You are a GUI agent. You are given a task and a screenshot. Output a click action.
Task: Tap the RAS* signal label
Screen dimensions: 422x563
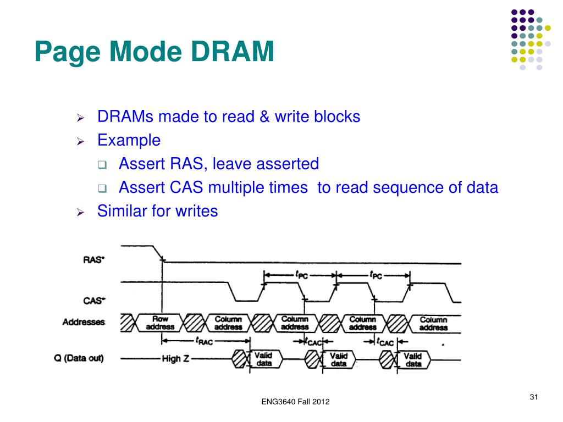pyautogui.click(x=93, y=260)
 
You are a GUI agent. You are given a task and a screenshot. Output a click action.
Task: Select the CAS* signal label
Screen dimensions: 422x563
pyautogui.click(x=93, y=301)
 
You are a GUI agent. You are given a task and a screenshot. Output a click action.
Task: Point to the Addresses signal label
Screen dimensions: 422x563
pyautogui.click(x=84, y=323)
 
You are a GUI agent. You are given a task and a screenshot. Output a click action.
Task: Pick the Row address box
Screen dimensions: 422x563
pyautogui.click(x=161, y=323)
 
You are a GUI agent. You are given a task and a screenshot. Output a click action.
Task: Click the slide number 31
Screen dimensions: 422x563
pyautogui.click(x=533, y=397)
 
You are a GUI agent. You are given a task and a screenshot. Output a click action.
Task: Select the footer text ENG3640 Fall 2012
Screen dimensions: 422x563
pyautogui.click(x=295, y=403)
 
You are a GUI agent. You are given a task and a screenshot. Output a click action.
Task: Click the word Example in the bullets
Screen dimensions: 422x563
pyautogui.click(x=129, y=140)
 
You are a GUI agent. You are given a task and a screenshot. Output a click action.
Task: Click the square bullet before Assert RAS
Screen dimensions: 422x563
pyautogui.click(x=102, y=164)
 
